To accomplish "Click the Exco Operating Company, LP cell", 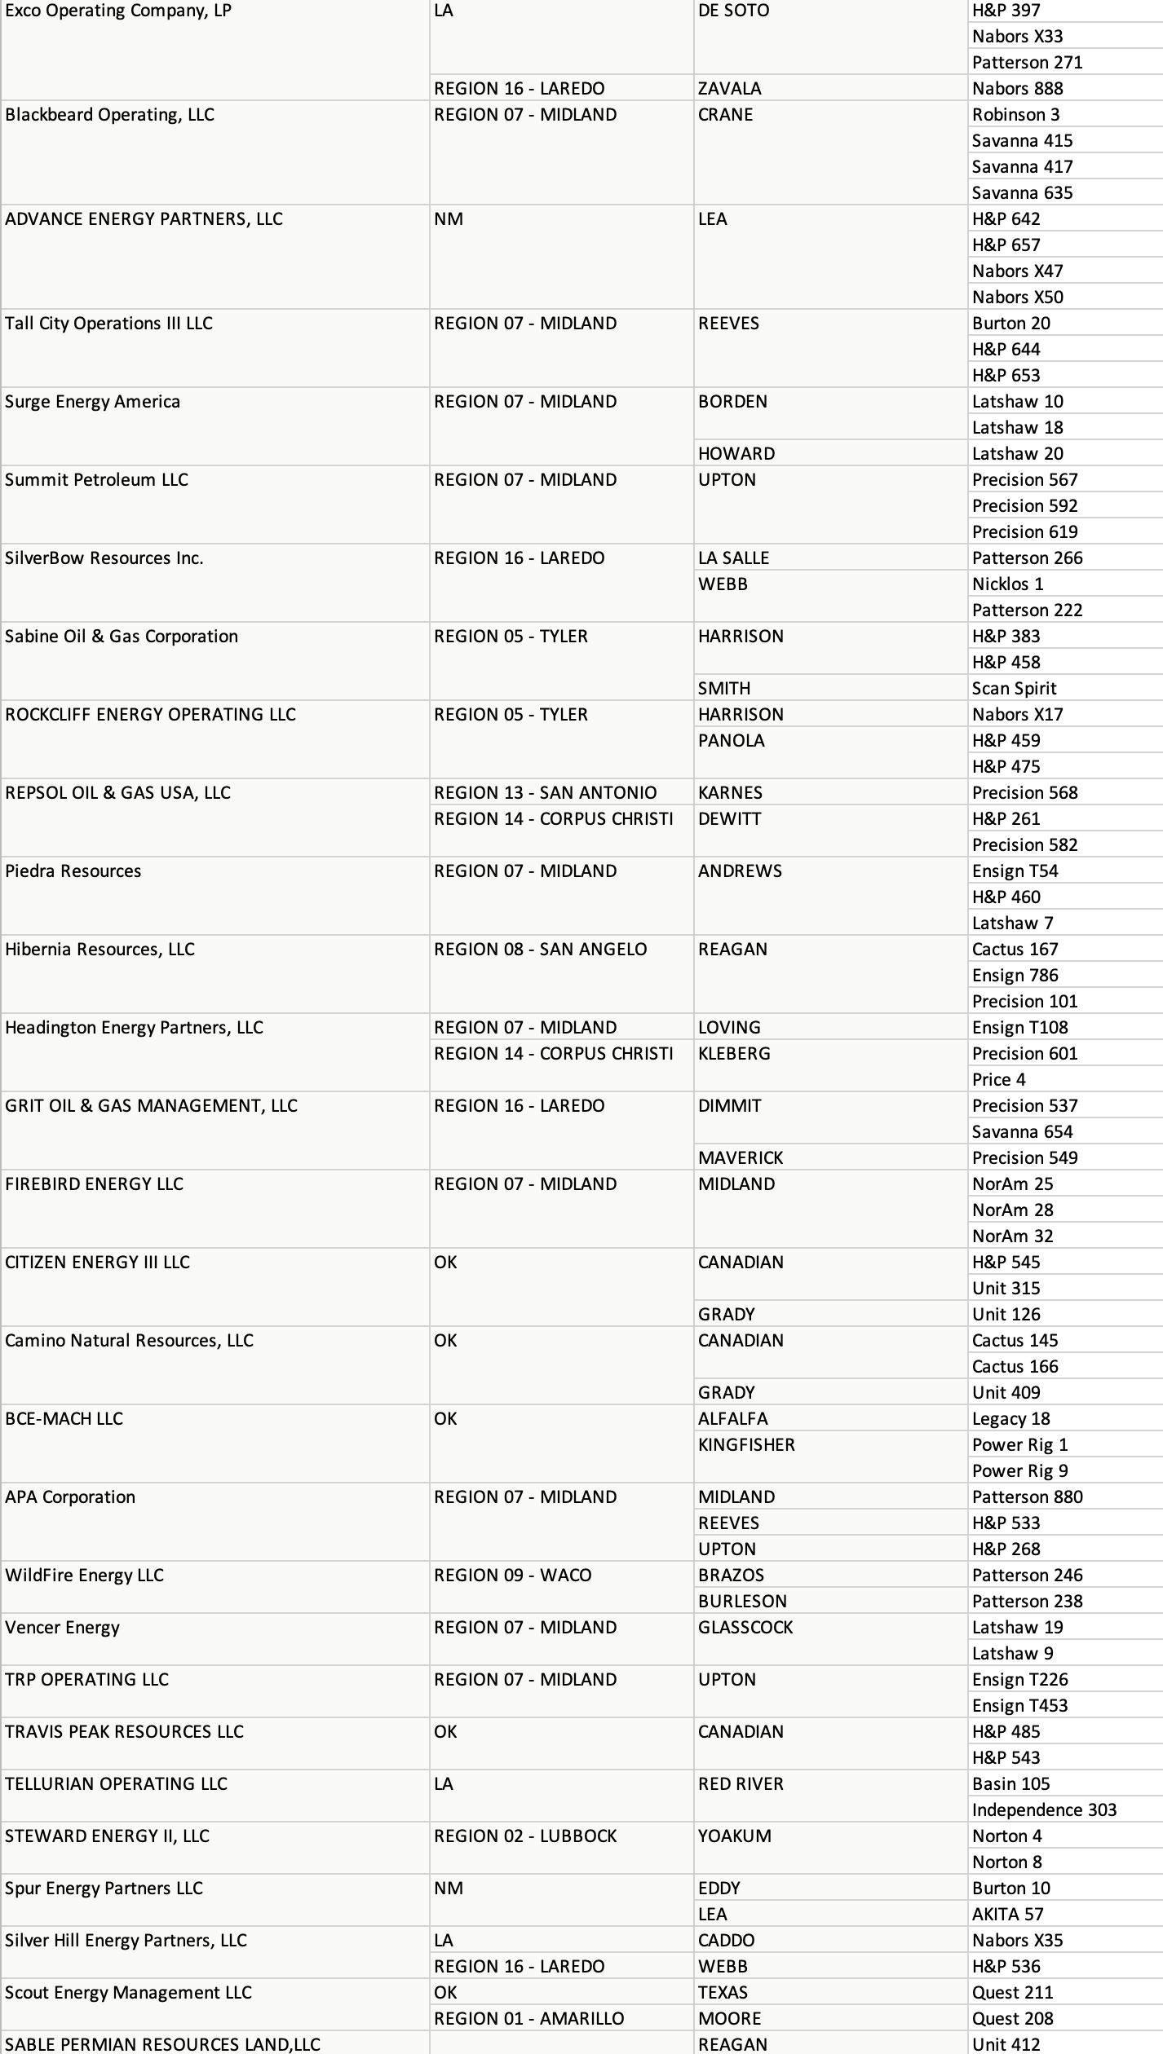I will (118, 11).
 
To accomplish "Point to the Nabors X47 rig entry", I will (1017, 271).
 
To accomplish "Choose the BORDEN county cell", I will (732, 402).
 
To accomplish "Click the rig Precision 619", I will (1024, 532).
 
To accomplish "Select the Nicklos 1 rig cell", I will (1007, 584).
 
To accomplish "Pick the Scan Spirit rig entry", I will (1014, 689).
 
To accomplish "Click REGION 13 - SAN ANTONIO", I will (545, 793).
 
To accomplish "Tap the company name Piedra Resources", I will (73, 871).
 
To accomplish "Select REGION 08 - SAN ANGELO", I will (540, 950).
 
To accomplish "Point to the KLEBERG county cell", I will (734, 1054).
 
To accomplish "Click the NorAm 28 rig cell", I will (1012, 1210).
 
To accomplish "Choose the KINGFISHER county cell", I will (745, 1445).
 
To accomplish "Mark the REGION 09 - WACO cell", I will (512, 1576).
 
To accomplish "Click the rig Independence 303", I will (1044, 1810).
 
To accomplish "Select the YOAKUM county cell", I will (734, 1836).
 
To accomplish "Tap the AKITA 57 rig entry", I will (1007, 1915).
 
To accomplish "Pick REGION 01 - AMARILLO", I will (528, 2019).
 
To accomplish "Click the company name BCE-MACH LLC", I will (64, 1419).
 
